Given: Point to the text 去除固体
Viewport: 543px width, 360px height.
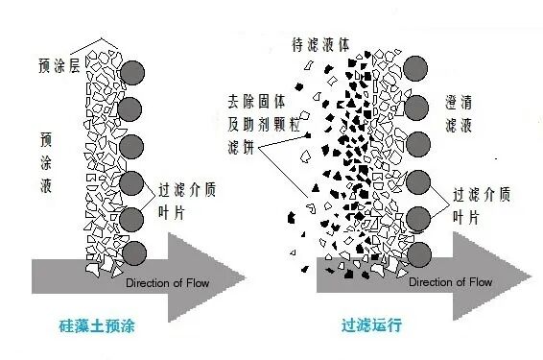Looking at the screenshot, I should tap(254, 99).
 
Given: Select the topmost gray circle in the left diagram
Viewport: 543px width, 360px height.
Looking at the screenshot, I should tap(135, 73).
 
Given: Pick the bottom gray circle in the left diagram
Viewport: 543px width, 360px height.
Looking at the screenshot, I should tap(135, 253).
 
